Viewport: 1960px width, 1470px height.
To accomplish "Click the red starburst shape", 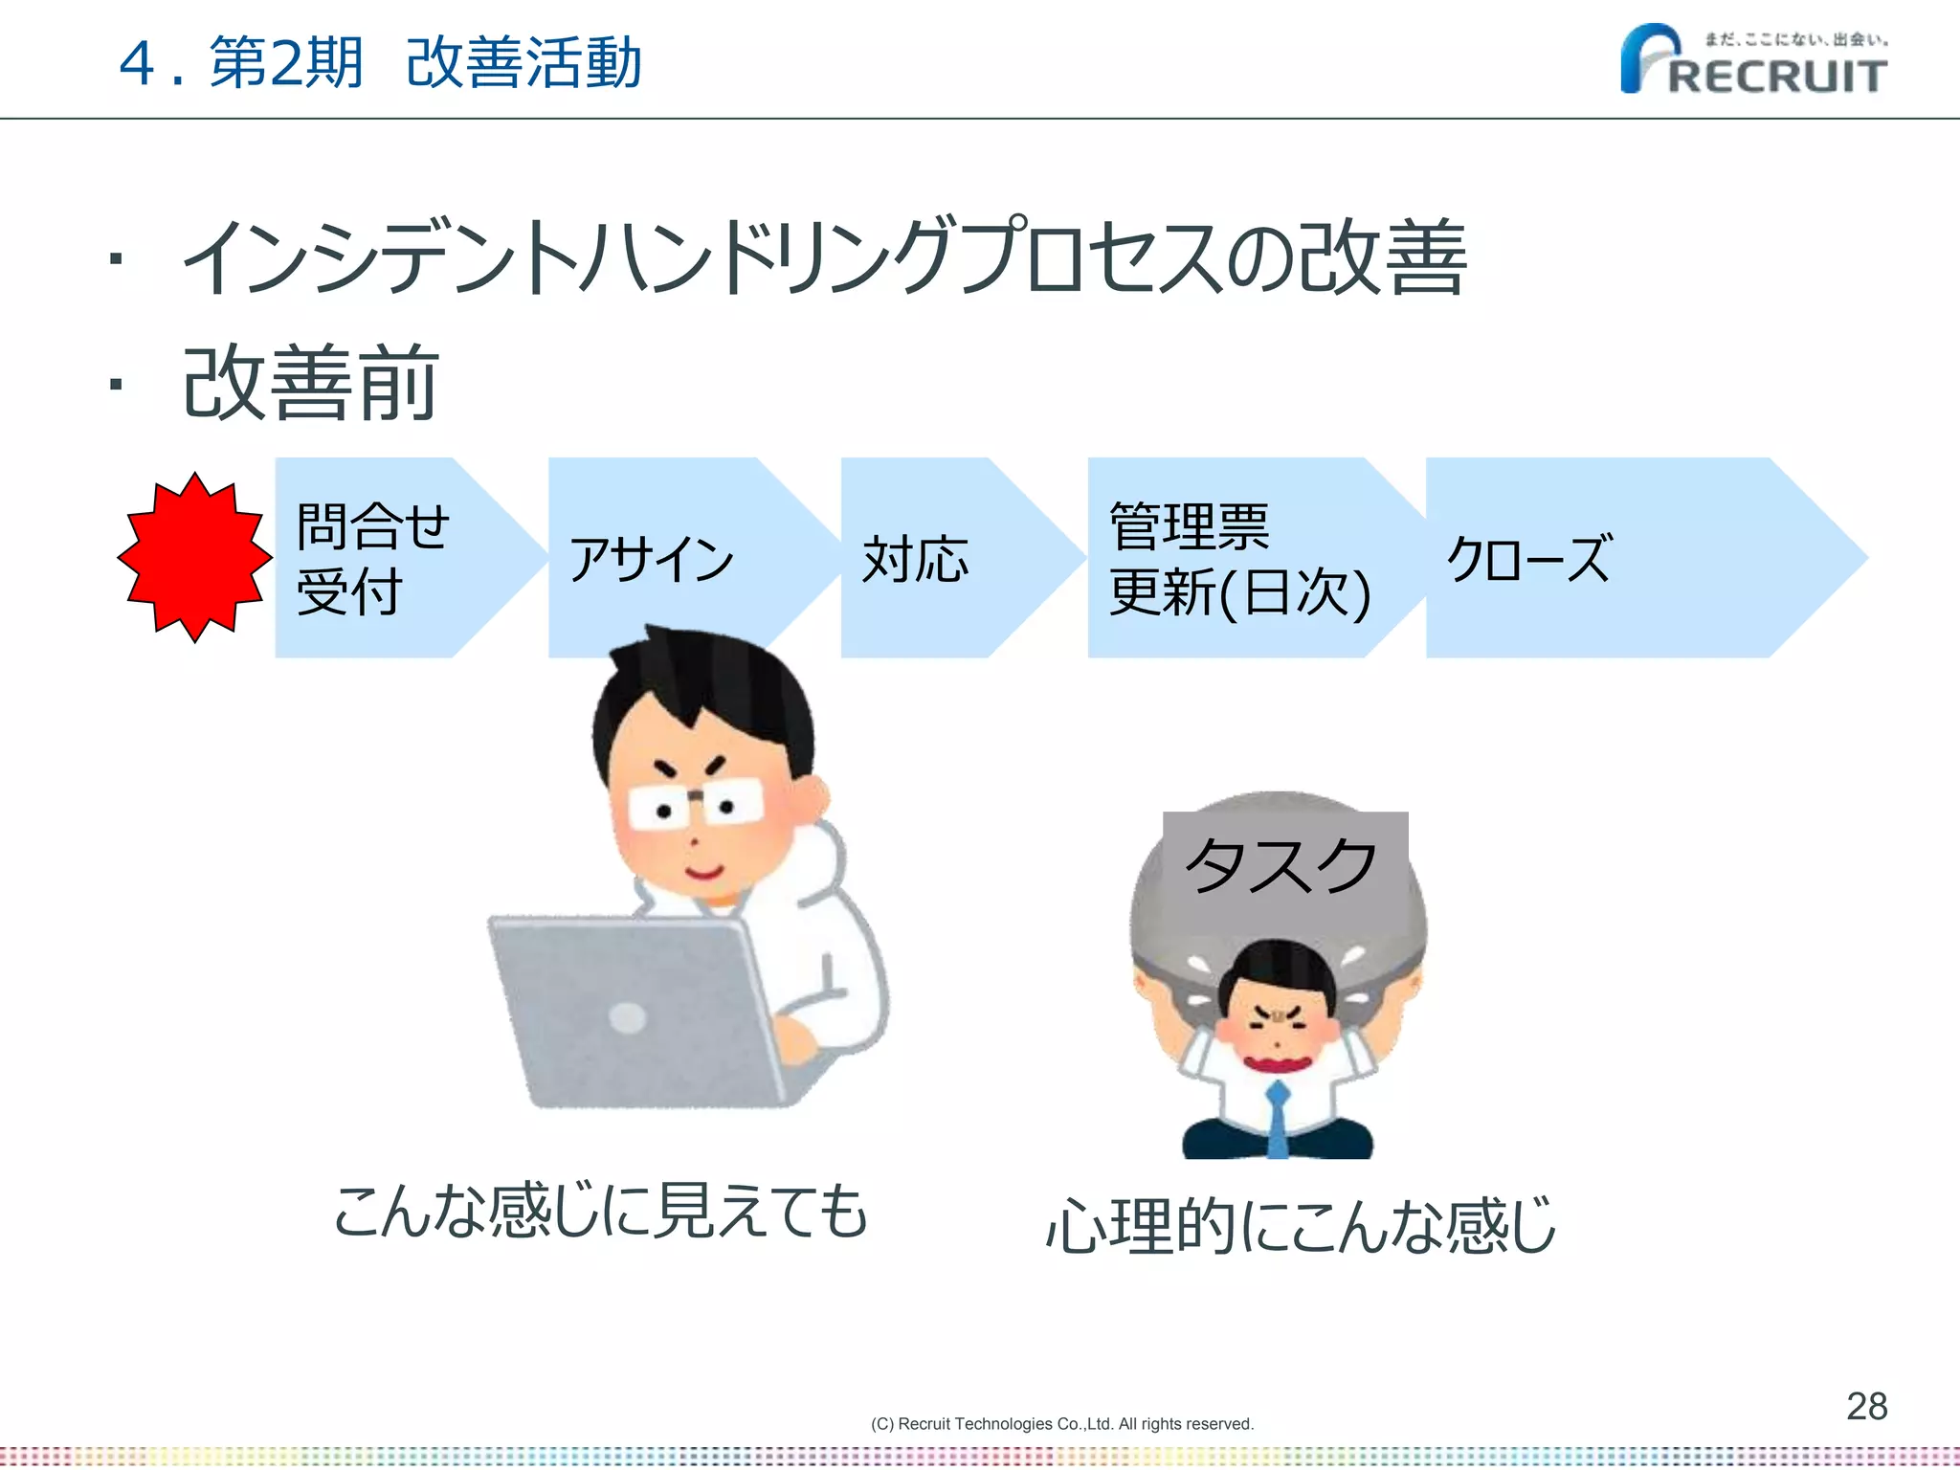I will pyautogui.click(x=194, y=557).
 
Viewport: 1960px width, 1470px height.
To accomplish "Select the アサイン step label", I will pyautogui.click(x=651, y=559).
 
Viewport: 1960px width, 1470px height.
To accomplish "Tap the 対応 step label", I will pyautogui.click(x=915, y=559).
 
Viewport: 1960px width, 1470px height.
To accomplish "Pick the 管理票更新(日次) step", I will pyautogui.click(x=1239, y=559).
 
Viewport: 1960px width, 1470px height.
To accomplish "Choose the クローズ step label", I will pyautogui.click(x=1529, y=559).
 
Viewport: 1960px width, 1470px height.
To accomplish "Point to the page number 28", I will pyautogui.click(x=1866, y=1406).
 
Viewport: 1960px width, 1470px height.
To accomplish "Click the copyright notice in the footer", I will pyautogui.click(x=1061, y=1424).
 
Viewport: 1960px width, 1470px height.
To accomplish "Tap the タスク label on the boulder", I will pyautogui.click(x=1282, y=864).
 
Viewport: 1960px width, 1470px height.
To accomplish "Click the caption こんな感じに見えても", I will pyautogui.click(x=600, y=1212).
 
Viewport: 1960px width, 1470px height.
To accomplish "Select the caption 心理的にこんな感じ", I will pyautogui.click(x=1301, y=1226).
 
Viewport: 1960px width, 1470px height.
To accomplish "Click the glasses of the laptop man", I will pyautogui.click(x=696, y=804).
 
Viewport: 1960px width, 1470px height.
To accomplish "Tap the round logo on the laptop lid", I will pyautogui.click(x=628, y=1017).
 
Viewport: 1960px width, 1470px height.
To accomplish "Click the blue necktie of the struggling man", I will pyautogui.click(x=1278, y=1120).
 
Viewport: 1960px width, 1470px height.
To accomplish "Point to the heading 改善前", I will pyautogui.click(x=310, y=384).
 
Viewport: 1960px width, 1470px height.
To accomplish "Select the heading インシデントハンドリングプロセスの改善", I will pyautogui.click(x=823, y=256).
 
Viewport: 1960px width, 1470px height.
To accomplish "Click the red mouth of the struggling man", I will pyautogui.click(x=1277, y=1063).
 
